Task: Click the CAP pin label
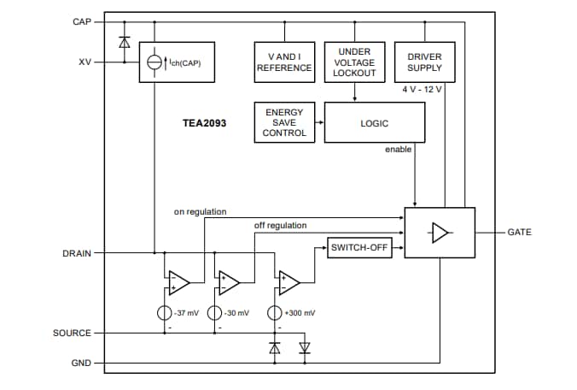pos(82,21)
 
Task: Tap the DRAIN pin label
pos(78,253)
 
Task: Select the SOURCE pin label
pos(73,333)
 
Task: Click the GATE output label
pos(519,232)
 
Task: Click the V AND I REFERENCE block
pos(284,62)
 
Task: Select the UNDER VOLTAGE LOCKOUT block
pos(354,62)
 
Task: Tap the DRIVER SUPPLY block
pos(424,62)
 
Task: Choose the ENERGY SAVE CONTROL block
pos(284,122)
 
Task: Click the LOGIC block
pos(374,123)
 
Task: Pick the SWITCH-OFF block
pos(359,249)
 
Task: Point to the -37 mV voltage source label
pos(185,313)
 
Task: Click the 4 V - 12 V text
pos(423,90)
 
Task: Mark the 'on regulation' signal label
pos(200,211)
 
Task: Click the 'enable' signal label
pos(398,150)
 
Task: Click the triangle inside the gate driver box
pos(440,233)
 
